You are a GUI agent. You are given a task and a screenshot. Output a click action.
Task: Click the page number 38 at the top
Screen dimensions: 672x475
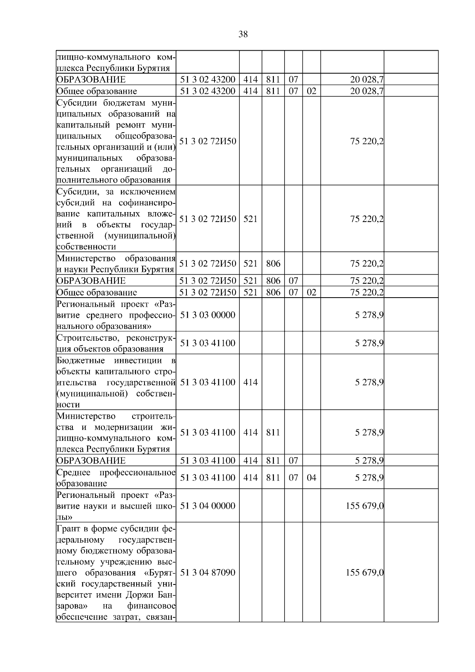(x=243, y=34)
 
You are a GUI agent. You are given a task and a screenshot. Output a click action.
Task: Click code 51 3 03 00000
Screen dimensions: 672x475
(x=208, y=315)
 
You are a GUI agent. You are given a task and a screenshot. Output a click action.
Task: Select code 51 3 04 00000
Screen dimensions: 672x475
(x=208, y=506)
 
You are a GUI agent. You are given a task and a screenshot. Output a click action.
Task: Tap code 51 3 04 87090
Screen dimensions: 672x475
(x=208, y=573)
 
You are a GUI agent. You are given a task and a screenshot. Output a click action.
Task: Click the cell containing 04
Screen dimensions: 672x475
(x=312, y=478)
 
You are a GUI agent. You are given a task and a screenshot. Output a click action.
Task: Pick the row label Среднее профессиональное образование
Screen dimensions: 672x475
(x=116, y=478)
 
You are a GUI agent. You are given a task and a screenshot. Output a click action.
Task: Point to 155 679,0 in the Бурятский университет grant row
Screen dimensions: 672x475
(x=365, y=573)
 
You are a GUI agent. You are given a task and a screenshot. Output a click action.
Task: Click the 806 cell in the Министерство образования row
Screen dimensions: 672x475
(x=273, y=264)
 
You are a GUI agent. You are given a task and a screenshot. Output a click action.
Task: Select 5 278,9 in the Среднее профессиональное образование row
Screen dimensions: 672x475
(x=369, y=478)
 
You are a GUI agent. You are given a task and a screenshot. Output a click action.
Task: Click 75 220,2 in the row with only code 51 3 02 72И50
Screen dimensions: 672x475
(x=367, y=141)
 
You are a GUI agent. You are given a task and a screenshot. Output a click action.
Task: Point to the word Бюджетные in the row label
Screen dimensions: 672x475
(x=81, y=361)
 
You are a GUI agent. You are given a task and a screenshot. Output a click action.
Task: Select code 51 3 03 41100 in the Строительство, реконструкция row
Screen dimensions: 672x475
(x=208, y=343)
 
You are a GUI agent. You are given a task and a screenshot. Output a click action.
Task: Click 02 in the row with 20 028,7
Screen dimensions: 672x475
(x=312, y=91)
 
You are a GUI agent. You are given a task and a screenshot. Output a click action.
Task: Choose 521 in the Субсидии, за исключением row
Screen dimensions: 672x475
(x=250, y=219)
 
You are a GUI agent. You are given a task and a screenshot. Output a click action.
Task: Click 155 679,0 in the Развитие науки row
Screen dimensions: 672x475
(x=365, y=506)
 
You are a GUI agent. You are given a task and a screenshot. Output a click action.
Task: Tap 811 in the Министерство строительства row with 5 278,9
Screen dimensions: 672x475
(x=273, y=433)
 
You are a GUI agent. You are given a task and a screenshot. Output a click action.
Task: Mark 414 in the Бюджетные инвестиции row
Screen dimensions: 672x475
(x=250, y=382)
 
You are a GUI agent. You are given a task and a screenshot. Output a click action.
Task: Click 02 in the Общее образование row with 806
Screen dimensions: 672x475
(x=312, y=292)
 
